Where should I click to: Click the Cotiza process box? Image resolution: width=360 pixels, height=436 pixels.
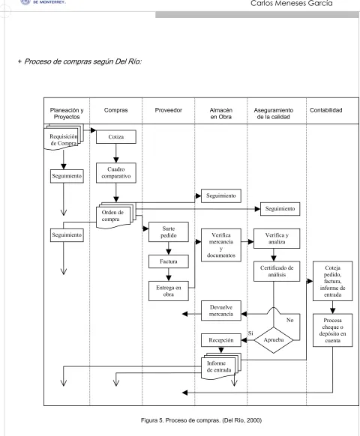click(116, 137)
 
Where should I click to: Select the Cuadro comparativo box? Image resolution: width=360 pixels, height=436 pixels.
click(116, 172)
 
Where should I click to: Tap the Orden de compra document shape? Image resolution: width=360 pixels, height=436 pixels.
click(115, 216)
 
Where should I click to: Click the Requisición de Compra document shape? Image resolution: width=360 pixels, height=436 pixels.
click(64, 137)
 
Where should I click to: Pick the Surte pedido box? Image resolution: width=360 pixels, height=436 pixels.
click(169, 232)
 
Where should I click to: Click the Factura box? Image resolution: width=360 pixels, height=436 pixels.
click(169, 261)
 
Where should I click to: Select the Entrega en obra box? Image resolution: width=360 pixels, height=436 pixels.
click(169, 291)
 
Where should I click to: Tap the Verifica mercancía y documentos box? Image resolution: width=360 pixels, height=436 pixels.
click(221, 245)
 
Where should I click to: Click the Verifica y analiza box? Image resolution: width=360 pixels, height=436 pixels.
click(277, 238)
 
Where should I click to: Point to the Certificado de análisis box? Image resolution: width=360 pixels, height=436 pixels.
click(277, 271)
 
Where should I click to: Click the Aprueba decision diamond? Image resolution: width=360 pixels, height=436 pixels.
click(274, 340)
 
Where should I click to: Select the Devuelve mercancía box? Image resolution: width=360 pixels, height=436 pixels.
click(221, 311)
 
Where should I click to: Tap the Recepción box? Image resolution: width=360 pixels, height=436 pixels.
click(221, 340)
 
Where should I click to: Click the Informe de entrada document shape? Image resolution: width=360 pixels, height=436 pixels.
click(220, 367)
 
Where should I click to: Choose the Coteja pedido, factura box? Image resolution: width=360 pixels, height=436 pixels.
click(333, 281)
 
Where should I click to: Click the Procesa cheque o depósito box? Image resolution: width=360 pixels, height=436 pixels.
click(333, 330)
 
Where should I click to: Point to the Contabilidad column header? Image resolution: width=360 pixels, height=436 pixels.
click(326, 110)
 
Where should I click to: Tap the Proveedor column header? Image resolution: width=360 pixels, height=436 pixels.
click(169, 110)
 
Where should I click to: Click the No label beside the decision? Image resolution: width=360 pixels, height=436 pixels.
click(289, 320)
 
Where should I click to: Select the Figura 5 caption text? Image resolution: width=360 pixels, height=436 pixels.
click(201, 420)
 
